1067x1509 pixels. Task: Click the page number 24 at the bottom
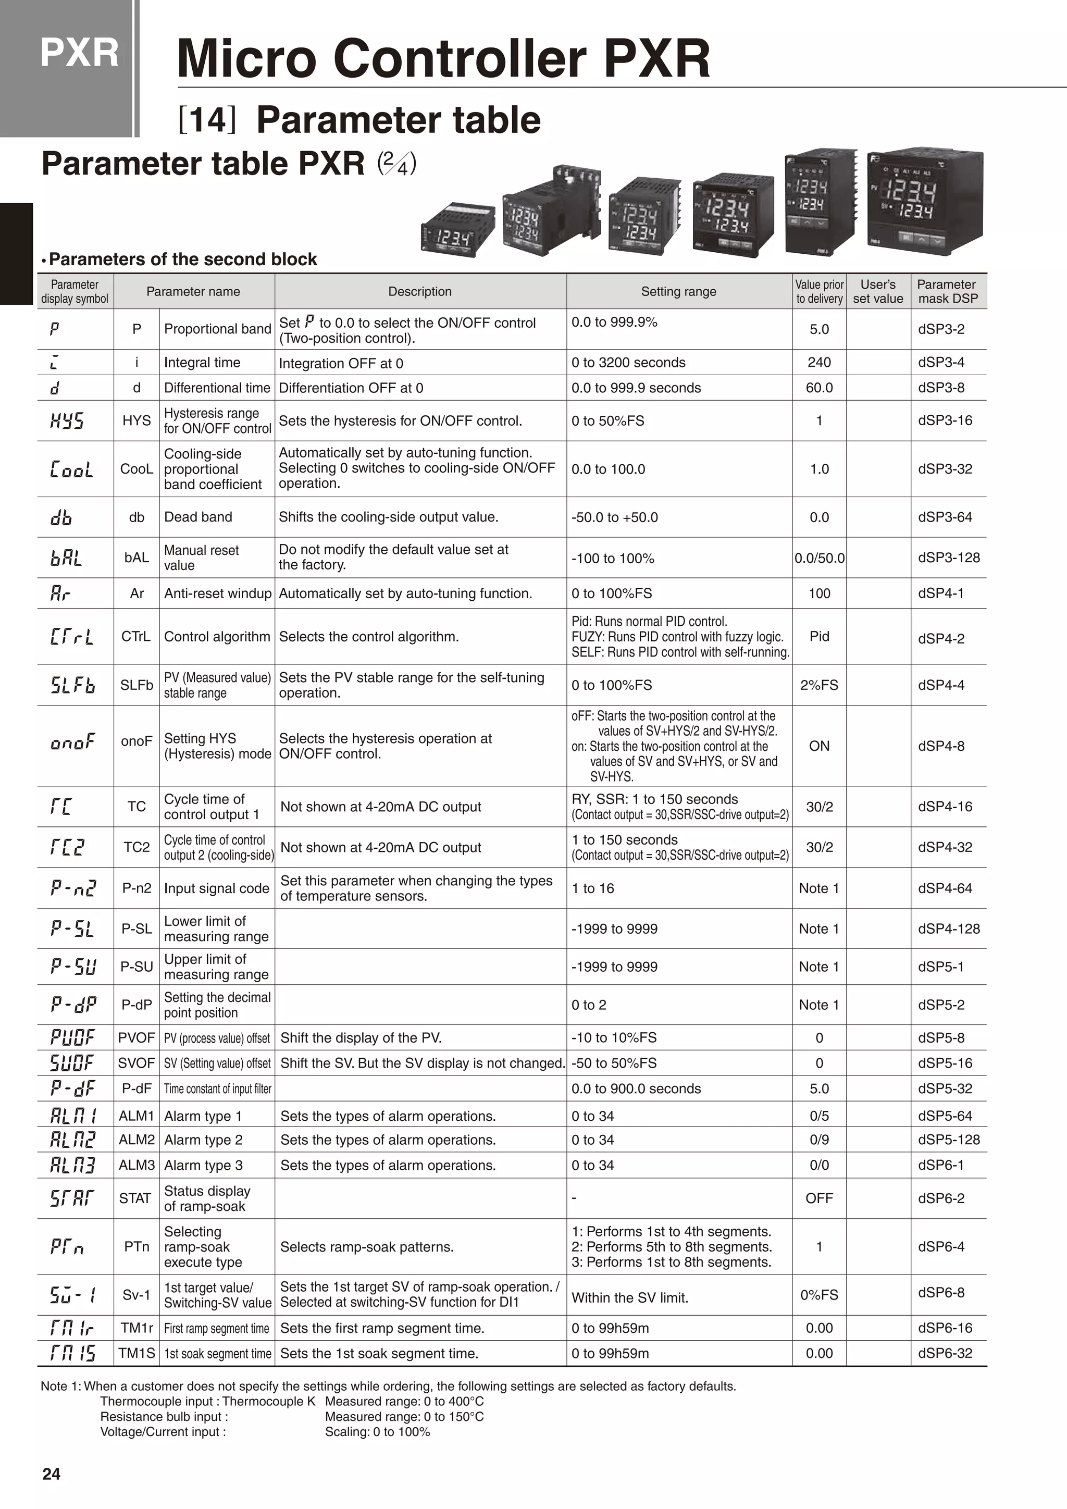click(51, 1474)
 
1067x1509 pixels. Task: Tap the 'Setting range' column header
click(679, 291)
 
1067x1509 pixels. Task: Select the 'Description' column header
click(420, 291)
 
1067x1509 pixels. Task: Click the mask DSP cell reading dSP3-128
click(949, 558)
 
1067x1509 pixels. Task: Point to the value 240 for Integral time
click(818, 362)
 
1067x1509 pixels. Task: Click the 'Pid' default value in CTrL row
click(818, 636)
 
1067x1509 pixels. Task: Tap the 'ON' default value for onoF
click(818, 746)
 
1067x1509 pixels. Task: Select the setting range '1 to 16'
click(592, 888)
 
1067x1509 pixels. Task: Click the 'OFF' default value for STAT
click(818, 1198)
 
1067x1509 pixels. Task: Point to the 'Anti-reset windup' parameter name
click(217, 593)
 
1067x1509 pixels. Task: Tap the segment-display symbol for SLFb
click(72, 686)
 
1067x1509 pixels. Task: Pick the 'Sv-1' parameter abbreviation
click(136, 1295)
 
